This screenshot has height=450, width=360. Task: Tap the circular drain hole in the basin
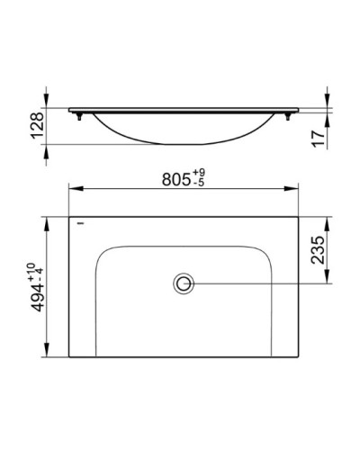(x=184, y=284)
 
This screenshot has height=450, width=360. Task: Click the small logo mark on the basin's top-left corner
(x=79, y=220)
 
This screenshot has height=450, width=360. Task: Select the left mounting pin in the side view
(x=80, y=116)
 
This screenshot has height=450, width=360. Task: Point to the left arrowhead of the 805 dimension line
(x=73, y=189)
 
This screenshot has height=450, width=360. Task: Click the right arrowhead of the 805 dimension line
(x=297, y=189)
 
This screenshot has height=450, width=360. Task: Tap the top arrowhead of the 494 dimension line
(x=45, y=219)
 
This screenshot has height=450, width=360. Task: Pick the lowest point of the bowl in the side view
(x=184, y=143)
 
